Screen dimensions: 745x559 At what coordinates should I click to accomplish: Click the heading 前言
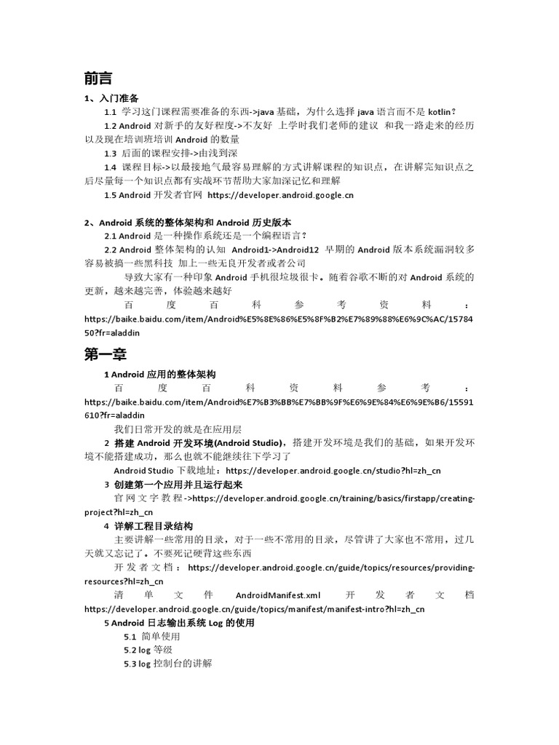98,78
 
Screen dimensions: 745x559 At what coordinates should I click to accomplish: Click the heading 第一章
106,354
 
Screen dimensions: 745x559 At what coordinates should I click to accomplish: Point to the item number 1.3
111,153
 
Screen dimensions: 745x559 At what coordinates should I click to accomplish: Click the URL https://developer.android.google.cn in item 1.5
280,195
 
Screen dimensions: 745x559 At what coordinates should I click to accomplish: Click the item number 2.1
111,236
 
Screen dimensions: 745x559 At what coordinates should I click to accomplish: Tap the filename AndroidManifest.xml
274,594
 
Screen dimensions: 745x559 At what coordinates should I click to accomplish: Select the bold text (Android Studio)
247,443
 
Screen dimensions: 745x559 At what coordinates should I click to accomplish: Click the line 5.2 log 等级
148,650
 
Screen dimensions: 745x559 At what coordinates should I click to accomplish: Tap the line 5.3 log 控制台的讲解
168,664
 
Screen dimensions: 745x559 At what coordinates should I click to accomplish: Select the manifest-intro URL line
254,608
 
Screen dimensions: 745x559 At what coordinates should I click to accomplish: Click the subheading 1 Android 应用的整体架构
159,374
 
